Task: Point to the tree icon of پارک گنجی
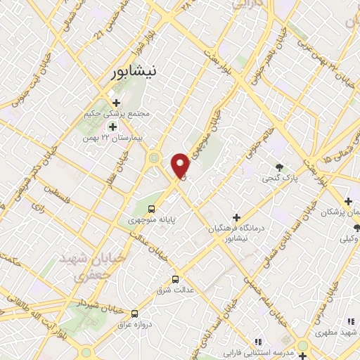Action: (x=280, y=167)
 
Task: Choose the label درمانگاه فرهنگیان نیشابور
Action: (x=238, y=233)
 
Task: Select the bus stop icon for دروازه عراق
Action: (x=134, y=314)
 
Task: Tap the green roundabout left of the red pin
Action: (x=153, y=159)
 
